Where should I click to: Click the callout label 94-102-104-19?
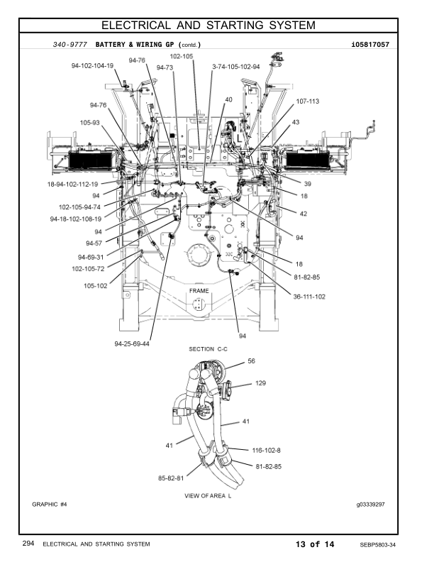pos(92,65)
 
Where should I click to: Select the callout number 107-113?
pos(307,101)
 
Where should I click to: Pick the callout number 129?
pos(260,383)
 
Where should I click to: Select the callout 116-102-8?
pos(267,450)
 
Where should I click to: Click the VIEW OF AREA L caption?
pos(208,495)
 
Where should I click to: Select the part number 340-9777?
pos(70,45)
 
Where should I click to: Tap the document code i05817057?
pos(370,45)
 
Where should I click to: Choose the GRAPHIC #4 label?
pos(50,505)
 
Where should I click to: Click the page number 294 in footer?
pos(28,544)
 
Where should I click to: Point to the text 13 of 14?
pos(315,544)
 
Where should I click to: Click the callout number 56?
pos(251,361)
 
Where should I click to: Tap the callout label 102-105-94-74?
pos(80,207)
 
